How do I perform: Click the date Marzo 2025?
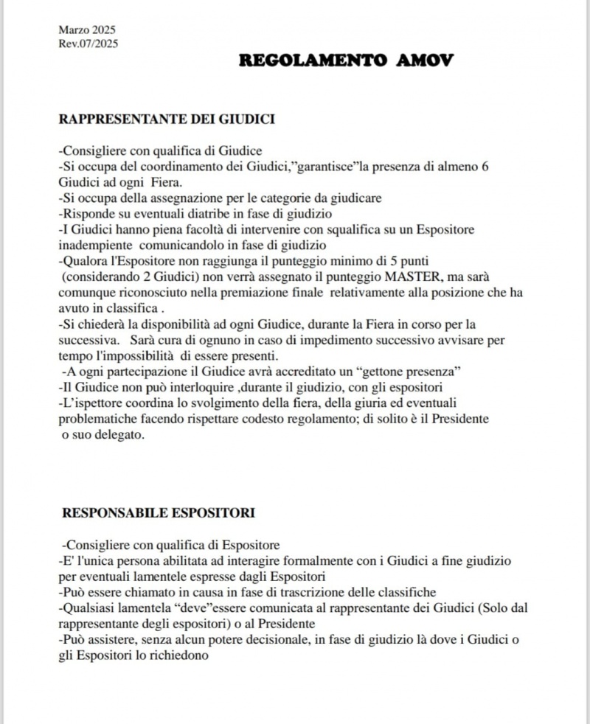coord(86,30)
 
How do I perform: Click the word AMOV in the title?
coord(428,60)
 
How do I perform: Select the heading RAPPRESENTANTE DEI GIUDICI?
coord(167,118)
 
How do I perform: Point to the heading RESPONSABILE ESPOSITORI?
coord(159,512)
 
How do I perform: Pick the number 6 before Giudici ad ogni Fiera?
coord(485,167)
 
